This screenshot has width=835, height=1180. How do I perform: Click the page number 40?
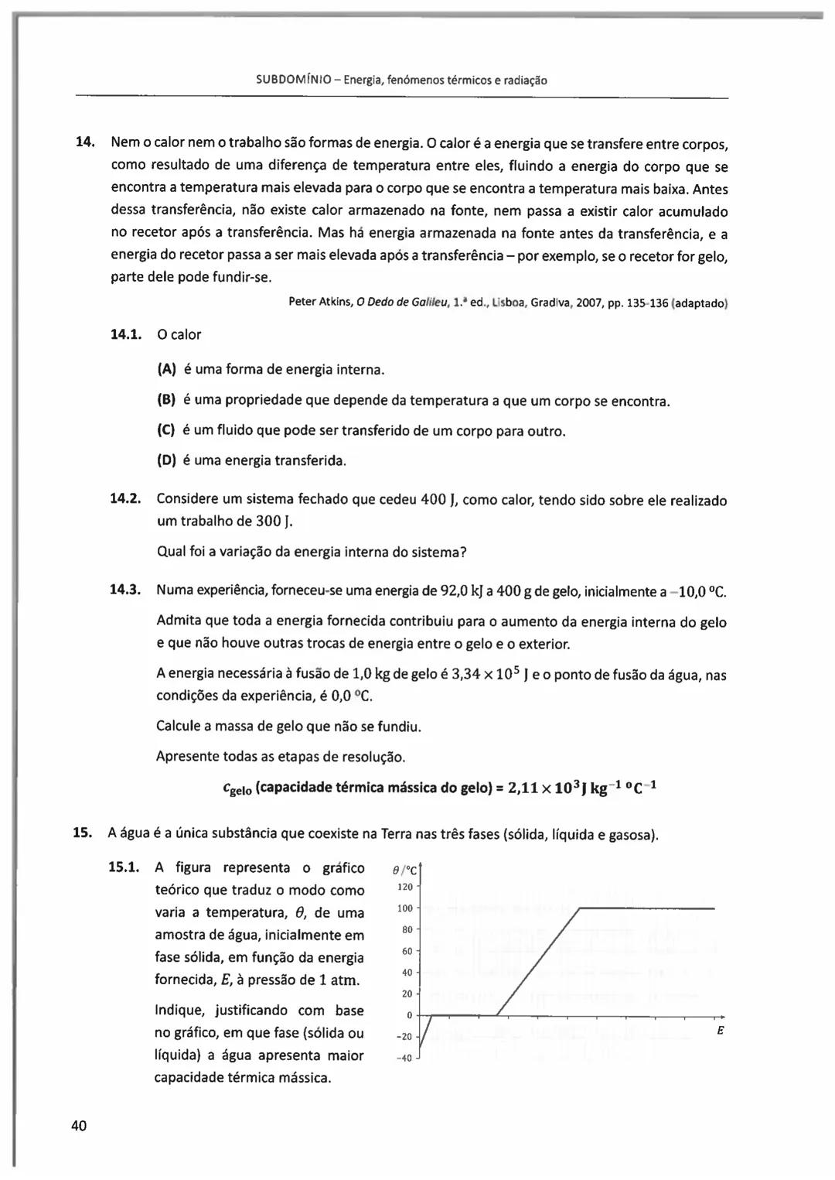point(79,1125)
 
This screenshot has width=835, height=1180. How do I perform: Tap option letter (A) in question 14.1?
point(166,370)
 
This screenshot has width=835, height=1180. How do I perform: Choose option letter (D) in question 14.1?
point(166,460)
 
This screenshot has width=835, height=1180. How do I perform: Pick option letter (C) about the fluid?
point(166,430)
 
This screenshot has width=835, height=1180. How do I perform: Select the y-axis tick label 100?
point(406,908)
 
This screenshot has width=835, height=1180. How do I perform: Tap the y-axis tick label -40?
point(404,1059)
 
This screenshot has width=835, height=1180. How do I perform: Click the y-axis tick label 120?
point(406,887)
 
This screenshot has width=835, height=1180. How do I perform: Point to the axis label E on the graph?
point(720,1031)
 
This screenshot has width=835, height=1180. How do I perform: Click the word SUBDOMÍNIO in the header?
point(296,80)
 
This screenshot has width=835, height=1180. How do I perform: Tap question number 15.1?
point(124,867)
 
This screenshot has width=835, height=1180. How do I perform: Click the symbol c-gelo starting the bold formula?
point(235,789)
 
